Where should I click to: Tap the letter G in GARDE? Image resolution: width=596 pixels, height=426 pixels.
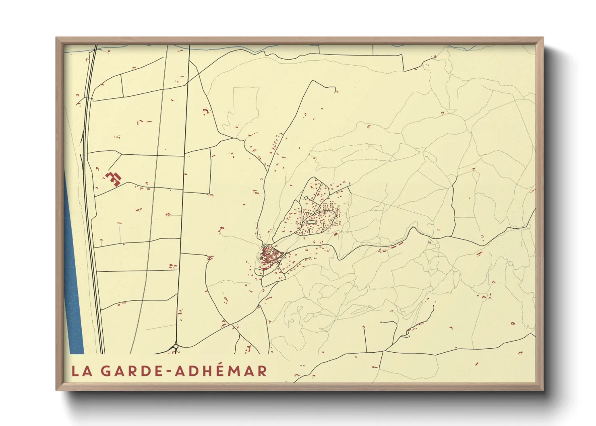point(106,371)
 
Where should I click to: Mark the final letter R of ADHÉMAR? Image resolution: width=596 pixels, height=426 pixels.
point(262,371)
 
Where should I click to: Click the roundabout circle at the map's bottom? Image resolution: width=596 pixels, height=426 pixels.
point(176,346)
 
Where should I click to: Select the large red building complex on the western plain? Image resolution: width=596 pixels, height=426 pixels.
point(114,178)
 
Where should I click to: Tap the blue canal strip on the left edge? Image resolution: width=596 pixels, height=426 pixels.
point(73,282)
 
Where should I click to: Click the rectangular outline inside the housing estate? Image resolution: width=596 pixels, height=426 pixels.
point(311,222)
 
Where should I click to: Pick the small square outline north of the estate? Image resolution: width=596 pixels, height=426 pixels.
point(306,197)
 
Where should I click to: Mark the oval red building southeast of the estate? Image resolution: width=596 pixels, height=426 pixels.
point(335,234)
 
